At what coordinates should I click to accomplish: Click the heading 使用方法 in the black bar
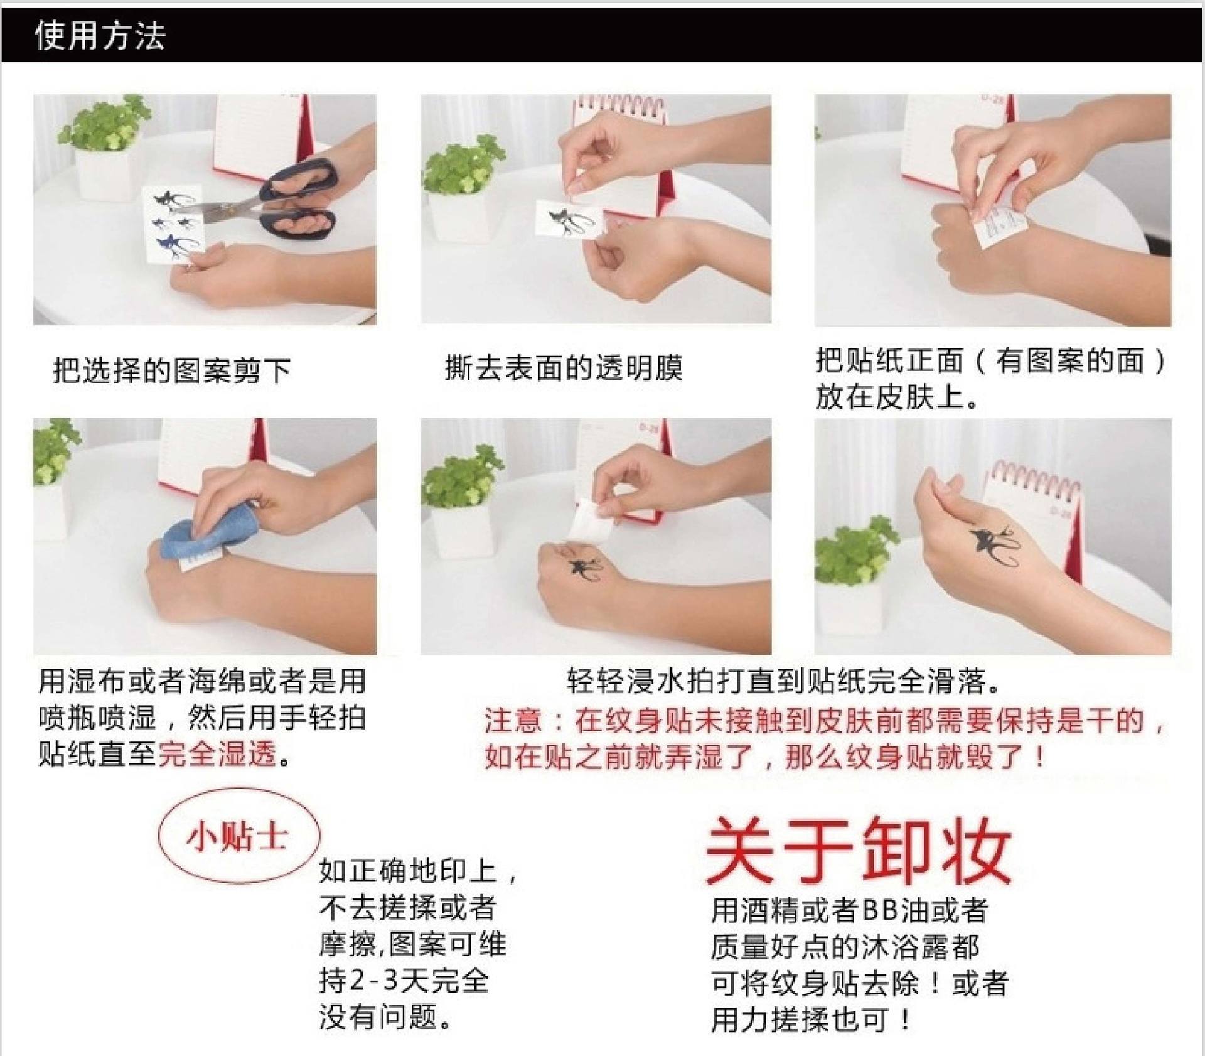100,36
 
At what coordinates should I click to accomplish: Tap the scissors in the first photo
276,201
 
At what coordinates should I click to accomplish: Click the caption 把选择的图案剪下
171,370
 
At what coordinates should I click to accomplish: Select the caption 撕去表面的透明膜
564,368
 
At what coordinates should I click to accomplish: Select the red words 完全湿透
217,754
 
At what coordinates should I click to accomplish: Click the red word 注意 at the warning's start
513,720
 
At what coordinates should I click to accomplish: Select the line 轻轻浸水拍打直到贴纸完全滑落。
784,681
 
